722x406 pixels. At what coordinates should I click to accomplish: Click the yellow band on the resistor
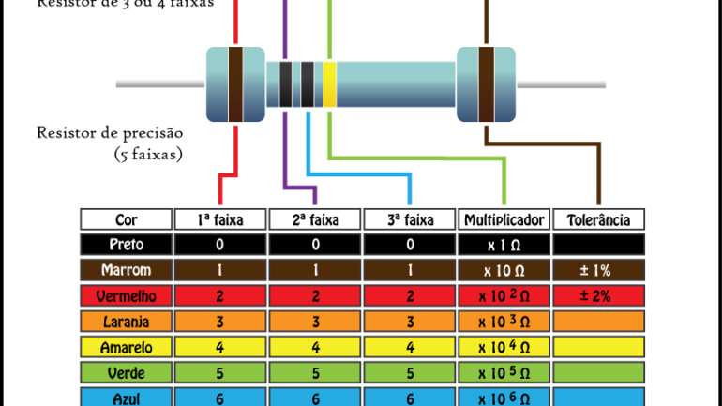[x=329, y=84]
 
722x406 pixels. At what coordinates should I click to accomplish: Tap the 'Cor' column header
[x=126, y=220]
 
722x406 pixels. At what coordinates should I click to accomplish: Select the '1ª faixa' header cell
[x=220, y=220]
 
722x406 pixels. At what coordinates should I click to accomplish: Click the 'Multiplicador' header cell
[x=504, y=220]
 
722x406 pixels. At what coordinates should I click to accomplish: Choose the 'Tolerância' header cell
[x=599, y=220]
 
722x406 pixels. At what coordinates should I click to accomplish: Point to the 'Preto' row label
[x=126, y=246]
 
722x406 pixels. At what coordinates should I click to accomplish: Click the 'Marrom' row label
[x=126, y=271]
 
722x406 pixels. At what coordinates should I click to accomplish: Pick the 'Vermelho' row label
[x=126, y=296]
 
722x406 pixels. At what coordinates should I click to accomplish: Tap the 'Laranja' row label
[x=126, y=322]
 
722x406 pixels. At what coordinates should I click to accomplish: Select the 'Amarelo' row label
[x=126, y=347]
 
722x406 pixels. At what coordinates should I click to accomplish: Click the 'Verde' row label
[x=126, y=372]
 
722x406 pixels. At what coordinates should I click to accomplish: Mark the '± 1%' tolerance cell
[x=599, y=271]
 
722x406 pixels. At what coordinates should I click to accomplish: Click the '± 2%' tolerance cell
[x=599, y=296]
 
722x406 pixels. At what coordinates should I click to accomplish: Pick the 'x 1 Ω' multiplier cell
[x=504, y=246]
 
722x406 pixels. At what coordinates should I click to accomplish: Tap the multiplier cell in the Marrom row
[x=504, y=271]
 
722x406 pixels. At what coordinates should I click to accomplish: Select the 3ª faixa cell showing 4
[x=410, y=347]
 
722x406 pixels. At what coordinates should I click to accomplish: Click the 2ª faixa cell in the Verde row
[x=315, y=372]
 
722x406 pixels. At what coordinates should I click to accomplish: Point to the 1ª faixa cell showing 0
[x=220, y=246]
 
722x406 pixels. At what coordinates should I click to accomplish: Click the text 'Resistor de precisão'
[x=109, y=132]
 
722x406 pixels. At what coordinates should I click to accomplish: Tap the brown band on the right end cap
[x=486, y=84]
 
